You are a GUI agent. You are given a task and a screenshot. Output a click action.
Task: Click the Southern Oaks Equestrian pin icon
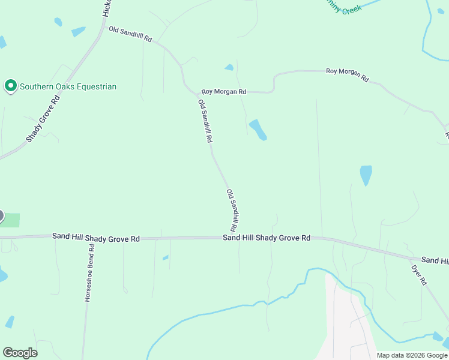[x=10, y=86]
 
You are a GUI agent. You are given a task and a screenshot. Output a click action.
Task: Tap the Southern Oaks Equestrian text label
[x=68, y=86]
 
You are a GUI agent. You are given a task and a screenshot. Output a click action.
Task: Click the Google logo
[x=20, y=352]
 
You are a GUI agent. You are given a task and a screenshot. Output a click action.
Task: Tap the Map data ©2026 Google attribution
[x=412, y=355]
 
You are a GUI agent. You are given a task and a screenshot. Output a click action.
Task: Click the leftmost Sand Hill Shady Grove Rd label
[x=96, y=238]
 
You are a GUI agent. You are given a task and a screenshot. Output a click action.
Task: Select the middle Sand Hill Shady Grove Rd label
[x=267, y=238]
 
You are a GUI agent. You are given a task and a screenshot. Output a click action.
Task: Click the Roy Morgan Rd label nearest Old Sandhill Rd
[x=224, y=92]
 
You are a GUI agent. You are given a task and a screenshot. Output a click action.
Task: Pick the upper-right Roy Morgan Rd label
[x=347, y=74]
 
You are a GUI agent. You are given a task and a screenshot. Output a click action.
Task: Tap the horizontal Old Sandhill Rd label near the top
[x=130, y=34]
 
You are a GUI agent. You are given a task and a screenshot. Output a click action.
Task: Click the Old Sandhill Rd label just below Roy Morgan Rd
[x=205, y=121]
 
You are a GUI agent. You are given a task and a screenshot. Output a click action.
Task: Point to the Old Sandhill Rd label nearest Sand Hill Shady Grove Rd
[x=232, y=211]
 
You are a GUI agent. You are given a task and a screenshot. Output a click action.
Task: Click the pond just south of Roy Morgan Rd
[x=258, y=129]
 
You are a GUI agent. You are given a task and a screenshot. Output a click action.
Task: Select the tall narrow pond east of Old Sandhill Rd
[x=366, y=175]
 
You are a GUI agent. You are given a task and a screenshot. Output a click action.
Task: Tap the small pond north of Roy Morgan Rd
[x=229, y=67]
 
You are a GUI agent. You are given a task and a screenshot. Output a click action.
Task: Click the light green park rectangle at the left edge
[x=10, y=220]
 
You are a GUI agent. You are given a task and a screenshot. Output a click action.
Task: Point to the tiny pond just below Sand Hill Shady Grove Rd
[x=165, y=258]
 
